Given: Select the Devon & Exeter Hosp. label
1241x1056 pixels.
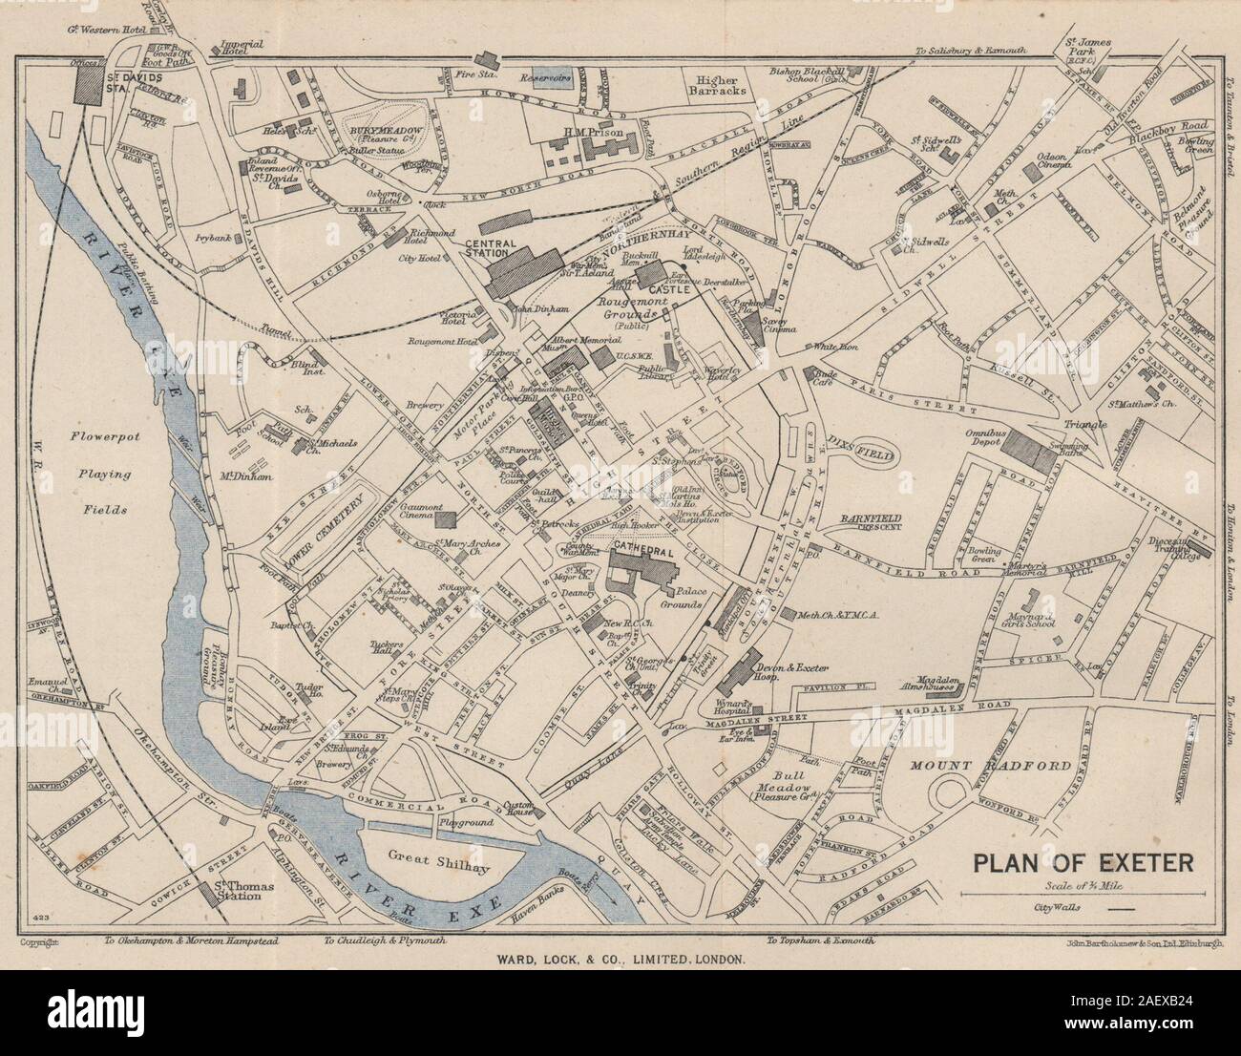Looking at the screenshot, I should point(778,669).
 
